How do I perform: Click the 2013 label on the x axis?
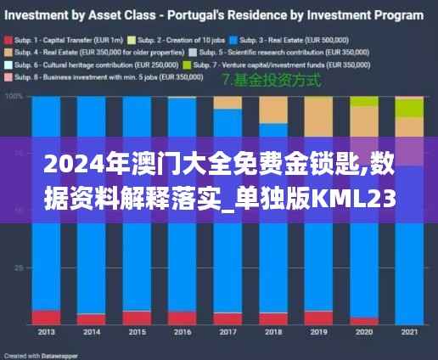pyautogui.click(x=46, y=332)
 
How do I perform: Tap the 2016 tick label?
pyautogui.click(x=181, y=332)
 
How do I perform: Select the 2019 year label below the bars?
pyautogui.click(x=318, y=332)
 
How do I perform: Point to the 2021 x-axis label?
pyautogui.click(x=409, y=332)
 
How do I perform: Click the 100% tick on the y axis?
pyautogui.click(x=15, y=97)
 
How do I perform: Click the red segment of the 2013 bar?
pyautogui.click(x=46, y=317)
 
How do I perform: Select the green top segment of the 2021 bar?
pyautogui.click(x=409, y=107)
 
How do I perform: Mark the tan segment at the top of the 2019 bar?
pyautogui.click(x=318, y=115)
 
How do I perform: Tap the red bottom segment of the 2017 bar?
pyautogui.click(x=227, y=318)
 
